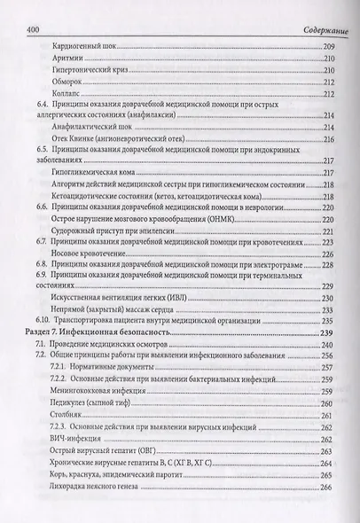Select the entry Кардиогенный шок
coord(94,45)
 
